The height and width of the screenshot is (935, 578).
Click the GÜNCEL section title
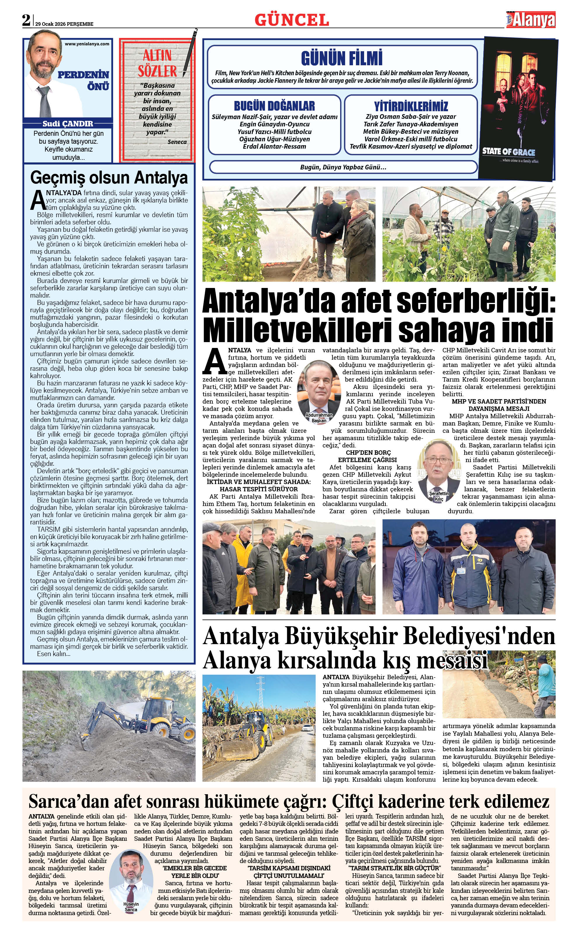click(292, 20)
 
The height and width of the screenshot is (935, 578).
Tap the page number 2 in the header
click(26, 20)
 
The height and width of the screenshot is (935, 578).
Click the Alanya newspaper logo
click(531, 19)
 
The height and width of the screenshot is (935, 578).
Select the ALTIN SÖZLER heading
click(157, 64)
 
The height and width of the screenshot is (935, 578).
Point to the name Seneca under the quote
click(177, 142)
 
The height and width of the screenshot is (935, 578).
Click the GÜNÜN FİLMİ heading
click(342, 58)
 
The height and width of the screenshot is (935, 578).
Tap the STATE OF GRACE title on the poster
click(508, 151)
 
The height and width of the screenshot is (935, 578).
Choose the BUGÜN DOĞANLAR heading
click(274, 106)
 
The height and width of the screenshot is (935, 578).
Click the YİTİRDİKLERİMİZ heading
click(411, 106)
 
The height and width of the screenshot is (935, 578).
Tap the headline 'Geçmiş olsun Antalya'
click(109, 178)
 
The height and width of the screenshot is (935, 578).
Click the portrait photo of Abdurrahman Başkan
click(319, 388)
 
